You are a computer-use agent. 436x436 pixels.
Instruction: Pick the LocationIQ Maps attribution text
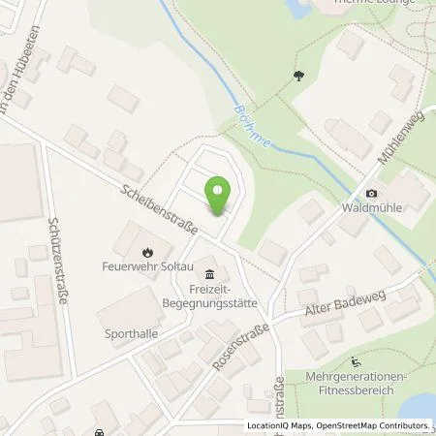pyautogui.click(x=281, y=425)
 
